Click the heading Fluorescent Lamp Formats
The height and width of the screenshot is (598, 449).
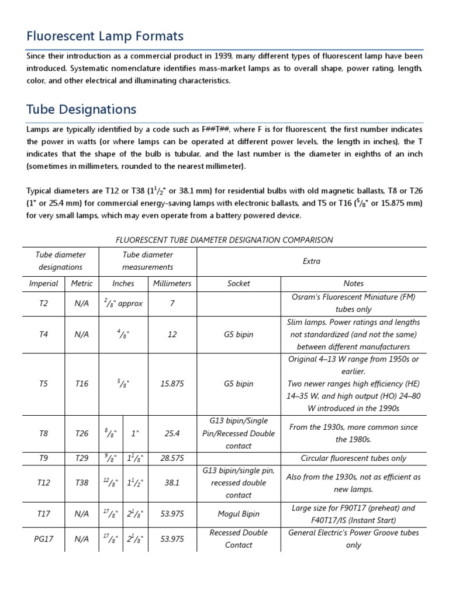pos(105,37)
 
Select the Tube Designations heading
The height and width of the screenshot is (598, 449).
pos(81,109)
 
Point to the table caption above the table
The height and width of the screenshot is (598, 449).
pos(224,239)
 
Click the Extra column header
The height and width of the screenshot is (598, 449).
pos(312,261)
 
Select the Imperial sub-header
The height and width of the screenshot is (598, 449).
pos(44,283)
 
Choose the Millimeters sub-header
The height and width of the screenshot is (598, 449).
pos(172,283)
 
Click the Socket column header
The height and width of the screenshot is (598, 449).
pos(239,283)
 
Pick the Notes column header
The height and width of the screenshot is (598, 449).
pos(353,283)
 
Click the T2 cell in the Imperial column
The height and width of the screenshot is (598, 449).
pos(44,304)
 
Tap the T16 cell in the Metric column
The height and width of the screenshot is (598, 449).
pos(82,384)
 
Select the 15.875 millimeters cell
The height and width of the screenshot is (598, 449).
pos(172,384)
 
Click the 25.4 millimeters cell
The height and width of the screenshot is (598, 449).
pos(172,434)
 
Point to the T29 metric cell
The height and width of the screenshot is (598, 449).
pos(82,458)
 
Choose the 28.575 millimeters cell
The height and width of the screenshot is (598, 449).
pos(172,458)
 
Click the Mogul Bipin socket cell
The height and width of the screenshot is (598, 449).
pos(239,514)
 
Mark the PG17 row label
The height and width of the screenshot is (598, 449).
pos(44,539)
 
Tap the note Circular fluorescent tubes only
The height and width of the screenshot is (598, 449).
pos(353,458)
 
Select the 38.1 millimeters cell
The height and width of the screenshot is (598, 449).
pos(172,483)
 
